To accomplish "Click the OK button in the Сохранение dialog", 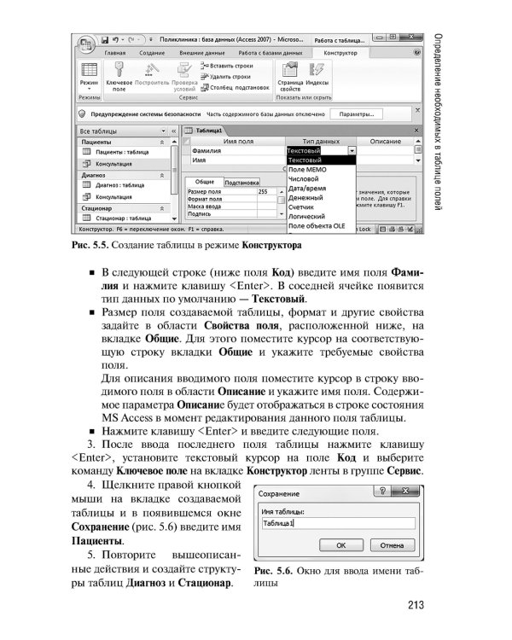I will [x=340, y=544].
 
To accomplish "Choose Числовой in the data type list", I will [x=304, y=181].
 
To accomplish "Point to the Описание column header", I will [x=385, y=141].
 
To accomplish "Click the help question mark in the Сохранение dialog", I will [x=381, y=492].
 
